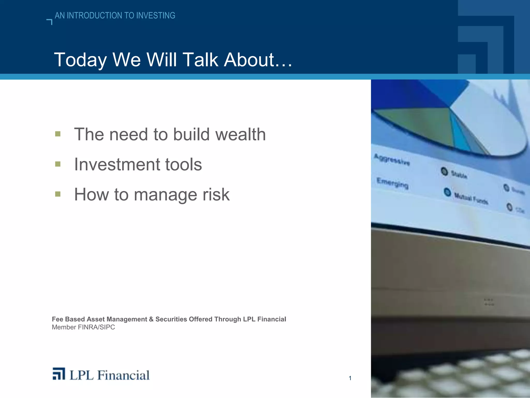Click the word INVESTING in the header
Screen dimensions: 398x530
156,16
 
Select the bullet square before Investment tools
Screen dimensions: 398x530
58,164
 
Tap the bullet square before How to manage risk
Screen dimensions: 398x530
58,194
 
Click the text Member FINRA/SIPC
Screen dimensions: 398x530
83,327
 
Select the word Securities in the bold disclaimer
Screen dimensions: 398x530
171,319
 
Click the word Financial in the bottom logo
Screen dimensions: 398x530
124,375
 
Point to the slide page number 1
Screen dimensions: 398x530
350,378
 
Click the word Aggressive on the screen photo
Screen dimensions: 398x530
392,159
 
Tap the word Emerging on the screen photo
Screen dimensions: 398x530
392,183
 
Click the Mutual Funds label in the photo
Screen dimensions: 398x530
471,198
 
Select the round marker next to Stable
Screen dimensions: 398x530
444,171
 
